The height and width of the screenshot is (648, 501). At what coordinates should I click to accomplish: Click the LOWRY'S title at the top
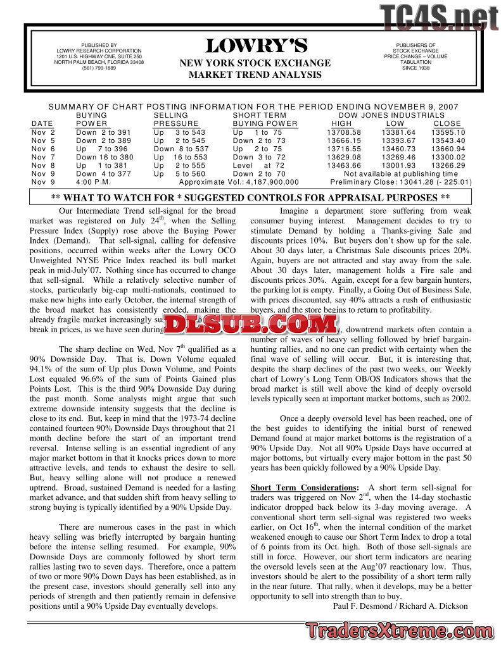pos(256,46)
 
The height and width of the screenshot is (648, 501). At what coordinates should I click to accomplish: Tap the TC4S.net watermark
pos(439,17)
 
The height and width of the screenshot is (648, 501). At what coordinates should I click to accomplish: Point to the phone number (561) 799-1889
pos(99,68)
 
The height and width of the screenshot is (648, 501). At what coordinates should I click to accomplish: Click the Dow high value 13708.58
pos(344,132)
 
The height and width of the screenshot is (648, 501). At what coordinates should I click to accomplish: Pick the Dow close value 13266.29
pos(448,165)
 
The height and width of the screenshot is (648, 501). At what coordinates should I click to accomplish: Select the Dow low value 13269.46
pos(398,157)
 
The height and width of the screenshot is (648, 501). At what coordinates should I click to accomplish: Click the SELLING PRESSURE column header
pos(176,120)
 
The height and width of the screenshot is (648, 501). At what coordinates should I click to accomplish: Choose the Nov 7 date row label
pos(44,157)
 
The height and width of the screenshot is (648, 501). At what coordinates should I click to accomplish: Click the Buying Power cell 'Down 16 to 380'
pos(105,157)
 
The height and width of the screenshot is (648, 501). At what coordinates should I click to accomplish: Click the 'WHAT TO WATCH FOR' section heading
pos(250,197)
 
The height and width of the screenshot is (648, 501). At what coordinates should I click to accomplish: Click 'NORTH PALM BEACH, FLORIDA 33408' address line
pos(99,63)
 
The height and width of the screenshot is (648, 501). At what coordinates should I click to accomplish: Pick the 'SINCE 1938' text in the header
pos(415,68)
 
